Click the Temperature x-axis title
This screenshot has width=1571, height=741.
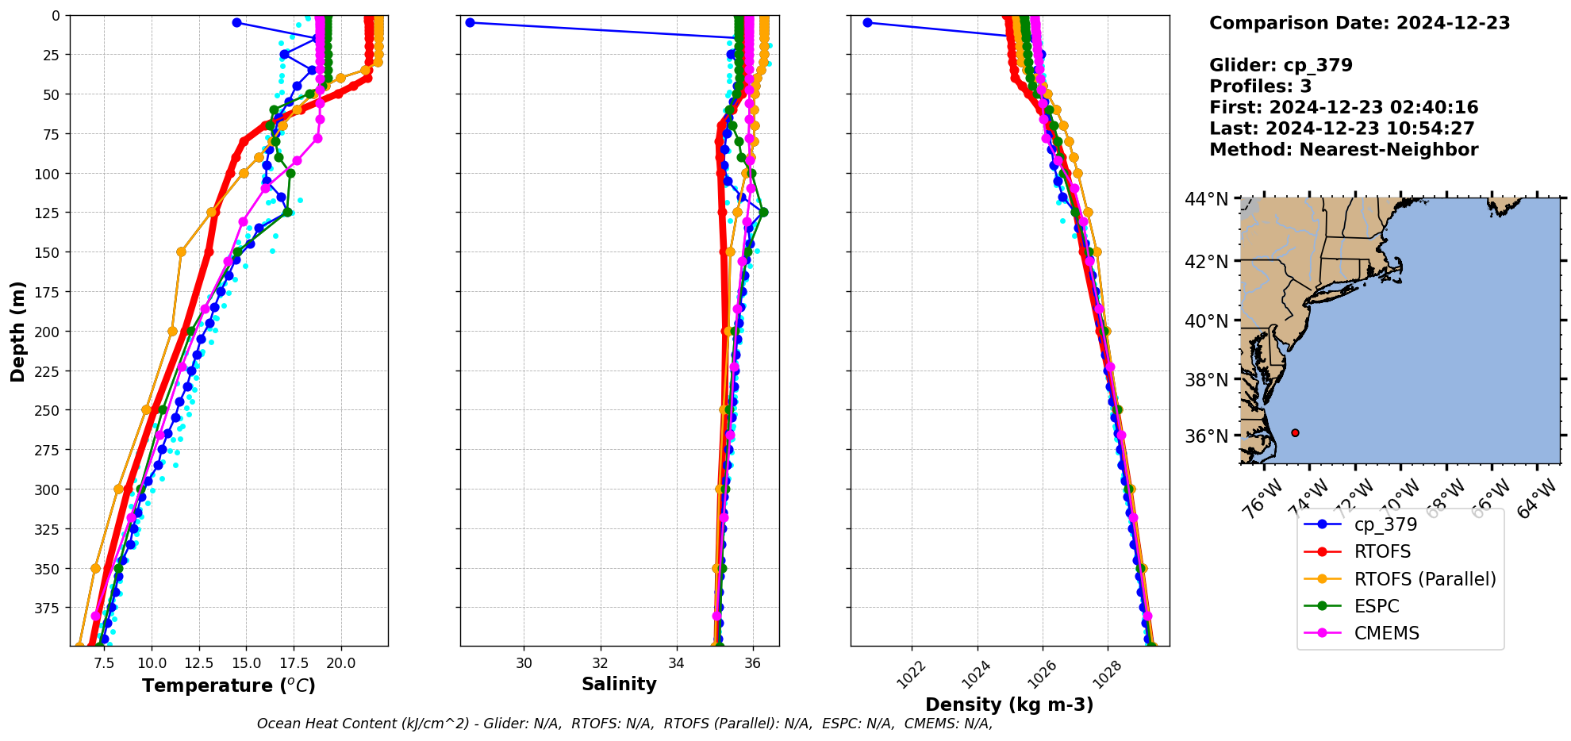click(x=229, y=685)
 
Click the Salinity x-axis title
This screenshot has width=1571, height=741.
click(x=619, y=684)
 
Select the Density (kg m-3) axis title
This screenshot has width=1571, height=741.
click(x=1009, y=705)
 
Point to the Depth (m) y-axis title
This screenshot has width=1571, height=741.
click(x=17, y=331)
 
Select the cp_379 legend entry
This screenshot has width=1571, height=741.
click(x=1385, y=524)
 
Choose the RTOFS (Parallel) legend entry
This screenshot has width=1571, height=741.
click(x=1425, y=579)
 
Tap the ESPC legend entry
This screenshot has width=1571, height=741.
click(x=1377, y=606)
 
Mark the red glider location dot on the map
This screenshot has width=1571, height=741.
click(x=1295, y=432)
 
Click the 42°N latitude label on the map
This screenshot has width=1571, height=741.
click(x=1206, y=262)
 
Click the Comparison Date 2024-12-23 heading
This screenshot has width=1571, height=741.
click(x=1359, y=23)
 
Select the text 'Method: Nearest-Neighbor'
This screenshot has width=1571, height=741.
click(x=1343, y=150)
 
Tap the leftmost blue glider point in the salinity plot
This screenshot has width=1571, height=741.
click(x=470, y=22)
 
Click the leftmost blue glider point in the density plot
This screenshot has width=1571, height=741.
click(x=867, y=22)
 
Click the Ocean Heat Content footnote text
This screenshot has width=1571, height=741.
click(x=624, y=724)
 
